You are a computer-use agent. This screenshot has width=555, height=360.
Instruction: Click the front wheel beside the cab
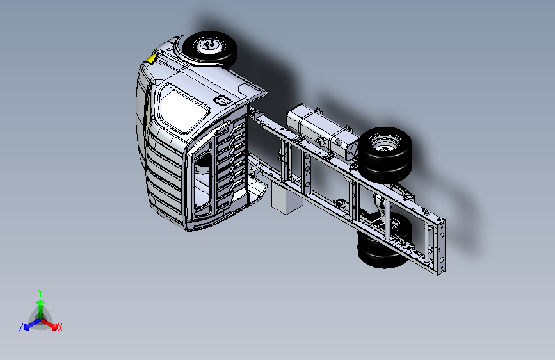pos(209,49)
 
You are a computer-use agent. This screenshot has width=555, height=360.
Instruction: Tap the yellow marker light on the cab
pos(152,59)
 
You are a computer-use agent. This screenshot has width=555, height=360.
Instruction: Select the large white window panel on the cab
pos(182,108)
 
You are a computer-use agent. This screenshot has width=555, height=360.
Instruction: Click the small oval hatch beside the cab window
pos(221,101)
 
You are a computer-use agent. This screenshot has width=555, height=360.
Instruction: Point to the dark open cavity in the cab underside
pos(203,183)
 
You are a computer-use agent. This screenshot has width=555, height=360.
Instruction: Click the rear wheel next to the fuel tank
pos(385,154)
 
